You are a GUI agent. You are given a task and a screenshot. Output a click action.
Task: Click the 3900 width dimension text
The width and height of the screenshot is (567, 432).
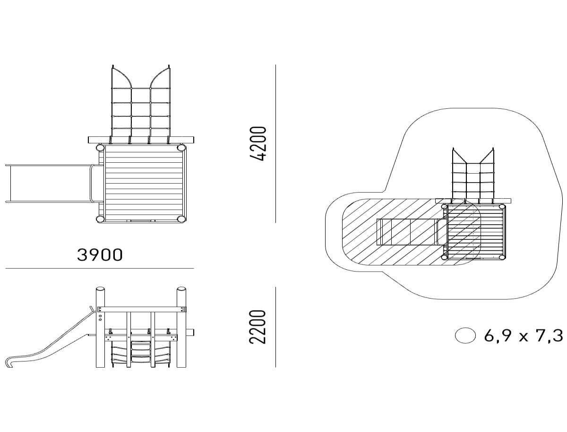tap(100, 255)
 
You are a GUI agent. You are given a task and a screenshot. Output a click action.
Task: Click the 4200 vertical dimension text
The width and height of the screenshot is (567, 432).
tap(260, 144)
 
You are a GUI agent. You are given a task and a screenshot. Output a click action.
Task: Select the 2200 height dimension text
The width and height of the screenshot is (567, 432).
tap(260, 327)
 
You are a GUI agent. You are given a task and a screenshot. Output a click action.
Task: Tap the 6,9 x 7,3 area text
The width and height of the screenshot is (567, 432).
tap(524, 336)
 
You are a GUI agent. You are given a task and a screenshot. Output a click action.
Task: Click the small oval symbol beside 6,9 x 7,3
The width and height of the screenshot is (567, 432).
tap(465, 335)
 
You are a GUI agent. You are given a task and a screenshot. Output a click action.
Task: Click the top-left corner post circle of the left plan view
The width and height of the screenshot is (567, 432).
tap(101, 148)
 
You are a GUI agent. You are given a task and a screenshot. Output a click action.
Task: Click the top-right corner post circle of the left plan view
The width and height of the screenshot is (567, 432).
tap(181, 148)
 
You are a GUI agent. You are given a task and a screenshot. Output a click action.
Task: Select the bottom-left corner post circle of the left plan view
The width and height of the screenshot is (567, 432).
tap(101, 219)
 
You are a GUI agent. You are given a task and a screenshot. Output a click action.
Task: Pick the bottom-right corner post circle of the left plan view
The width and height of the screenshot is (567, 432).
tap(181, 219)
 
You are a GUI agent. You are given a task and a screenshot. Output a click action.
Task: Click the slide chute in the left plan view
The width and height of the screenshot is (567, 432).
tap(47, 184)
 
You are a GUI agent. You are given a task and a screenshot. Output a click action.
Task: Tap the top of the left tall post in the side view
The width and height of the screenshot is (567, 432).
tap(100, 290)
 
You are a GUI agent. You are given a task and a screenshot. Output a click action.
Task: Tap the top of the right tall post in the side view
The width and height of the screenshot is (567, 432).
tap(181, 290)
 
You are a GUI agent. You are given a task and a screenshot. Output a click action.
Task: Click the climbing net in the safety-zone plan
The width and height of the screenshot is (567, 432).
tap(473, 175)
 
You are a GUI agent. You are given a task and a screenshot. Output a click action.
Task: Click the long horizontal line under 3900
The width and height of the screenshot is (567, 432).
tap(100, 268)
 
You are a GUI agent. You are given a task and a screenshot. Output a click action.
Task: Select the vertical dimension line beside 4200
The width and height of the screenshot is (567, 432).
tap(276, 144)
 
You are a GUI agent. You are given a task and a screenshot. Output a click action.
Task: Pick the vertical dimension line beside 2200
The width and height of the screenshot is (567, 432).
tap(276, 327)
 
